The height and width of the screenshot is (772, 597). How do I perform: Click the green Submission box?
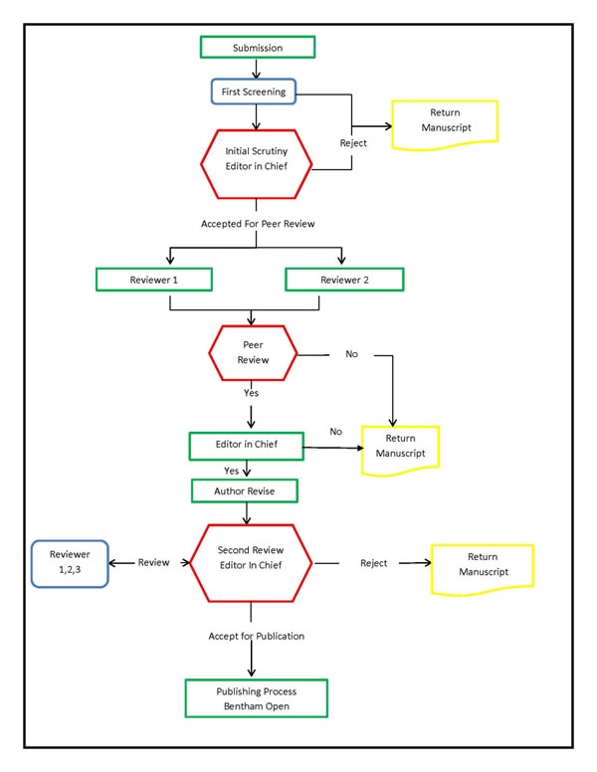(x=258, y=47)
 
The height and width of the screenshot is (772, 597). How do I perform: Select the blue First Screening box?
(x=253, y=92)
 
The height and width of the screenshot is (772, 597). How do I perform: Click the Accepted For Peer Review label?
(x=258, y=224)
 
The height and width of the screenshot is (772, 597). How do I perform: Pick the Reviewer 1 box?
(x=154, y=280)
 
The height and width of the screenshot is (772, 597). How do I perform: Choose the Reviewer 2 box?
(x=343, y=280)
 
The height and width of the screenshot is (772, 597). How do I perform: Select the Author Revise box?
(x=245, y=490)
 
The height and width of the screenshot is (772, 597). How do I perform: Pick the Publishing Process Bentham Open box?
(x=257, y=698)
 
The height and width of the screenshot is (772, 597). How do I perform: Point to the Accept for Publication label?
(x=256, y=636)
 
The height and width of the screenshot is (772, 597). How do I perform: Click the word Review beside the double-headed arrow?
(x=153, y=562)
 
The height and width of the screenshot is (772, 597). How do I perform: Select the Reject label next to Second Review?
(x=373, y=563)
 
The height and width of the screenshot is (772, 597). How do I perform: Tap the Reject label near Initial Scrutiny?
(x=353, y=143)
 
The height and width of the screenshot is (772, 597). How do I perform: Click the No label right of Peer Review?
(x=351, y=354)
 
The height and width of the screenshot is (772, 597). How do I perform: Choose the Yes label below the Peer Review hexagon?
(x=252, y=393)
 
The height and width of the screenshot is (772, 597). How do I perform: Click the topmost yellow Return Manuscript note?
(x=444, y=123)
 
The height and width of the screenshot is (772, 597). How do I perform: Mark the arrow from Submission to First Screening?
(x=258, y=68)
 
